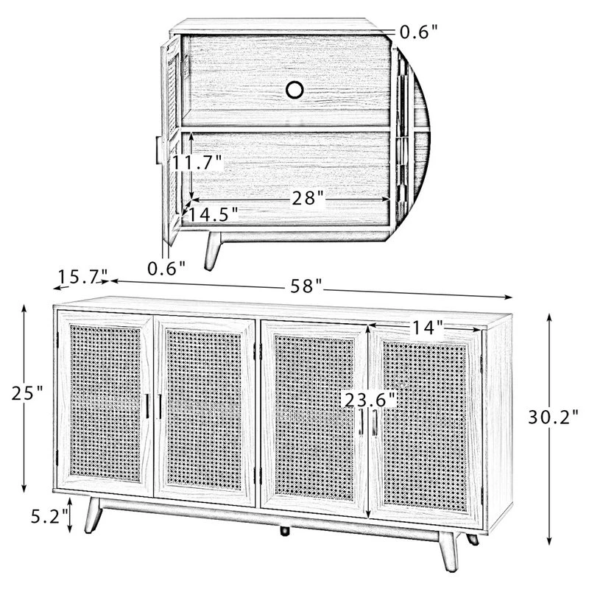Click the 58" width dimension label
(x=306, y=286)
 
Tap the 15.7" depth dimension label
(x=83, y=278)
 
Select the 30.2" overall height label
(x=554, y=417)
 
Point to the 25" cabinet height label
(x=27, y=393)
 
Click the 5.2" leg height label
(x=49, y=517)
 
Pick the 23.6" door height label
(x=370, y=400)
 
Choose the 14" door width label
(x=428, y=328)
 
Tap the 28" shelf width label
(x=308, y=198)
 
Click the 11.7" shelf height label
(x=197, y=163)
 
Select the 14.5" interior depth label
(x=212, y=214)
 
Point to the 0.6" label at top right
(x=419, y=32)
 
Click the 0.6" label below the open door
(x=166, y=268)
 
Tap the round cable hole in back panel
(x=294, y=90)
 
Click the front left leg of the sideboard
(x=93, y=515)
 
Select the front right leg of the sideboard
(x=449, y=551)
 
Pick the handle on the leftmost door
(x=147, y=406)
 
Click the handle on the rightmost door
(x=375, y=423)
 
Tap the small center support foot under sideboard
(x=285, y=531)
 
